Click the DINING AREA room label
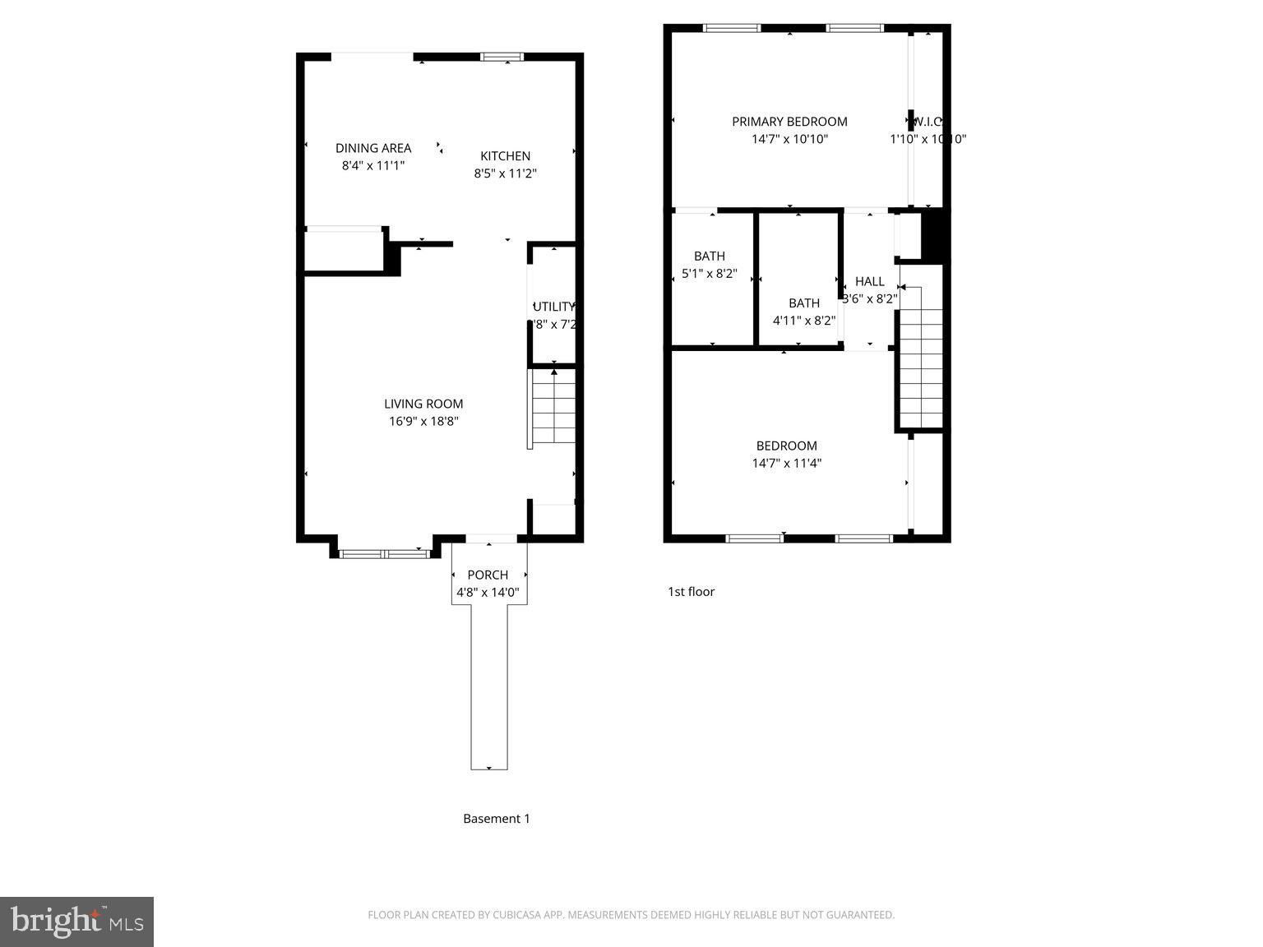pyautogui.click(x=373, y=148)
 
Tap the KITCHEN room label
pyautogui.click(x=505, y=156)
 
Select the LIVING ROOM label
pyautogui.click(x=423, y=404)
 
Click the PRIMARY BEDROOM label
pyautogui.click(x=789, y=122)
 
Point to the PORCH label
pyautogui.click(x=488, y=575)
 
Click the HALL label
pyautogui.click(x=869, y=281)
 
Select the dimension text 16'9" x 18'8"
pyautogui.click(x=423, y=421)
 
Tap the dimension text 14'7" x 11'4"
pyautogui.click(x=786, y=463)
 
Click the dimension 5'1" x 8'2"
pyautogui.click(x=709, y=273)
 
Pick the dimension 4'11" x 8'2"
pyautogui.click(x=803, y=320)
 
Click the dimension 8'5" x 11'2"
pyautogui.click(x=505, y=173)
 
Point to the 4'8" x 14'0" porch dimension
pyautogui.click(x=488, y=592)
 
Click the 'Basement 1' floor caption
pyautogui.click(x=496, y=818)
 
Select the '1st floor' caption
pyautogui.click(x=691, y=591)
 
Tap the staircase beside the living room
pyautogui.click(x=553, y=409)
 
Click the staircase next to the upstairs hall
pyautogui.click(x=921, y=357)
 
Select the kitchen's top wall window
pyautogui.click(x=502, y=57)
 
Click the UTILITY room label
pyautogui.click(x=554, y=307)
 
